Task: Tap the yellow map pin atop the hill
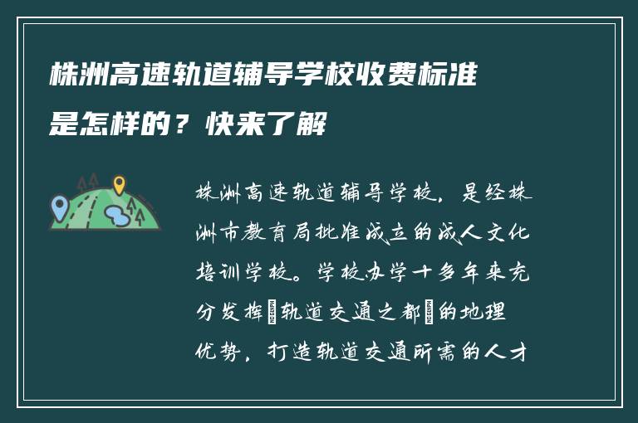coord(119,183)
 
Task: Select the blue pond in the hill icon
coord(117,216)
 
